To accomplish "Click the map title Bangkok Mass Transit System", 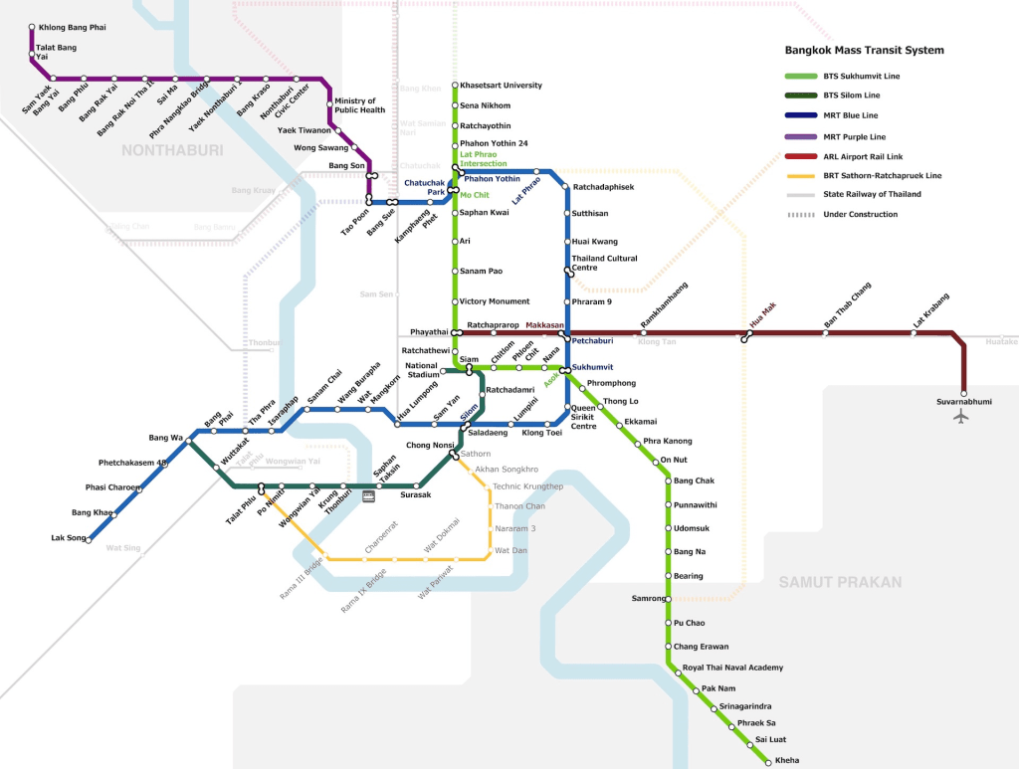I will [x=864, y=51].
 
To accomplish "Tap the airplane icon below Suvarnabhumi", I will [x=961, y=417].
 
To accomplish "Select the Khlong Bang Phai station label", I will [x=72, y=27].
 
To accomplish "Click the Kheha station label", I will [x=785, y=760].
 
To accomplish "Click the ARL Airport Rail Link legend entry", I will [x=858, y=156].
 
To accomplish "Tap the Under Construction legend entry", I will [x=860, y=215].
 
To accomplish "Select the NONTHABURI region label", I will [x=172, y=150].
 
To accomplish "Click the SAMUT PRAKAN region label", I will [x=840, y=582].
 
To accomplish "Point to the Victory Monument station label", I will [x=495, y=301].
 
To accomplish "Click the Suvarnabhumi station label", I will [x=964, y=402].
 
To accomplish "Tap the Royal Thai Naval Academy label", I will [x=732, y=668].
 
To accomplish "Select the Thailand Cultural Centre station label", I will [x=604, y=263].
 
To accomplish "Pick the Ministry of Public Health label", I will [x=360, y=105].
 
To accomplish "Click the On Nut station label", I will [x=674, y=461].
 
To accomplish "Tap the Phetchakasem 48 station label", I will [x=132, y=463].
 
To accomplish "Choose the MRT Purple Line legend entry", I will [x=854, y=136].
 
